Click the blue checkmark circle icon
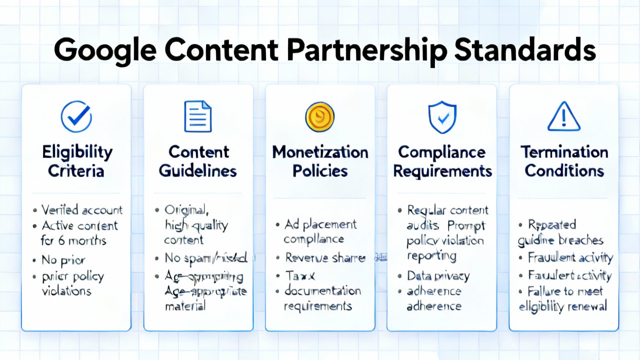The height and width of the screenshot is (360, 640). pos(76,116)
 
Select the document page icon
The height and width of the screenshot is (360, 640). pos(198,116)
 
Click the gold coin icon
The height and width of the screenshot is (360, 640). pos(319,116)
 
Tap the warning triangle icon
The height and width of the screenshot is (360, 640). pos(563,116)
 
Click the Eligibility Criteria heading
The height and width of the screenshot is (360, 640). pos(76,161)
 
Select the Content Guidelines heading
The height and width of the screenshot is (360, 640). pos(198,161)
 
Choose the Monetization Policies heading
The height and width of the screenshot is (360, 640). pos(320,161)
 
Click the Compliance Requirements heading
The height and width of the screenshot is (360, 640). pos(442,161)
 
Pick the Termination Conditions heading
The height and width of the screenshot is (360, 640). pos(564,161)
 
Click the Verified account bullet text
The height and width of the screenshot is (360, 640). pos(81,210)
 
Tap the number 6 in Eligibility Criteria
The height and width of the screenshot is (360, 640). pos(62,240)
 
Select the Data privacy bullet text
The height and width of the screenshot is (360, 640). pos(438,275)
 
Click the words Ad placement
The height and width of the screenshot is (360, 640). pos(320,224)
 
